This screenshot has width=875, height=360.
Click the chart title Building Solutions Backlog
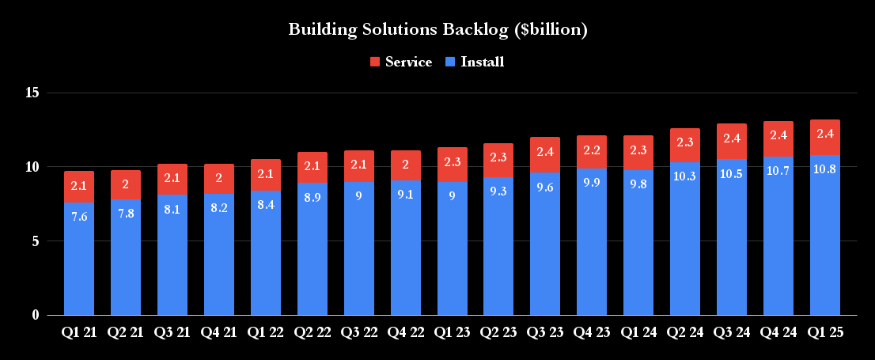tap(437, 30)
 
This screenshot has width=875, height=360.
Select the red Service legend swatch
tap(375, 62)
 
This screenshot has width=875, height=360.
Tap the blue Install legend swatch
tap(450, 62)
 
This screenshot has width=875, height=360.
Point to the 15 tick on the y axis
tap(32, 93)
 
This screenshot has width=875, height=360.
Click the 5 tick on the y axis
tap(36, 241)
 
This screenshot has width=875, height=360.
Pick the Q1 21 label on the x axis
tap(79, 333)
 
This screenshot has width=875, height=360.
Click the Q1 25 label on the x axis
tap(824, 333)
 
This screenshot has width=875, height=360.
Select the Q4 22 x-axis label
tap(405, 333)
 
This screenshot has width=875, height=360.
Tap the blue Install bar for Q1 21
tap(79, 261)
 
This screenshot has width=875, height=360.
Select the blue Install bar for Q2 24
tap(684, 245)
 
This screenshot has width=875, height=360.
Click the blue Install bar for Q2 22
tap(312, 253)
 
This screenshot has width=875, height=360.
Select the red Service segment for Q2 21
tap(126, 184)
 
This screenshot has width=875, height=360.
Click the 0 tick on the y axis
tap(36, 315)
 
